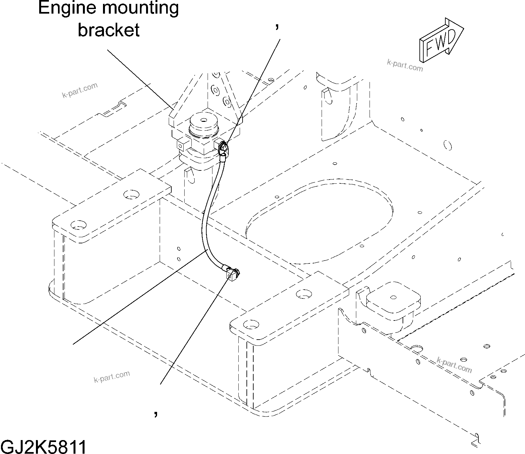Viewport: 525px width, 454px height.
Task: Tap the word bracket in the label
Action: [x=109, y=30]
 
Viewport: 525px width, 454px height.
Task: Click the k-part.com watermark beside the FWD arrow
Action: [x=405, y=65]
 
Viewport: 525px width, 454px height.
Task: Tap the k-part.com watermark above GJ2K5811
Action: [x=112, y=377]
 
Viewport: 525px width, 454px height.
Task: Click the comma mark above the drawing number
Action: [x=156, y=413]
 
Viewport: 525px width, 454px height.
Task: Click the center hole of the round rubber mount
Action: [x=203, y=120]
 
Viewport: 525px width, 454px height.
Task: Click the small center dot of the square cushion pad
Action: [x=393, y=297]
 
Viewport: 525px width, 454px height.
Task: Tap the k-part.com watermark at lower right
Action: [x=454, y=365]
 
